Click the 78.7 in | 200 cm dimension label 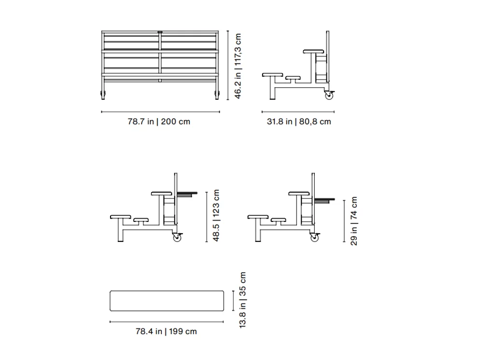tap(159, 122)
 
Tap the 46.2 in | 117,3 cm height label tap(238, 66)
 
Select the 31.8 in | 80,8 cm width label tap(299, 122)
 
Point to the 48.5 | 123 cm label tap(216, 216)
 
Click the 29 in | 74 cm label tap(354, 221)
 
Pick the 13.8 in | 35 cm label tap(242, 300)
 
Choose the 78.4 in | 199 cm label tap(166, 332)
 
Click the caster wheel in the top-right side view tap(329, 96)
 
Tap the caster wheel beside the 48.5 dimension tap(177, 237)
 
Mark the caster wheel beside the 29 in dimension tap(315, 237)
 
